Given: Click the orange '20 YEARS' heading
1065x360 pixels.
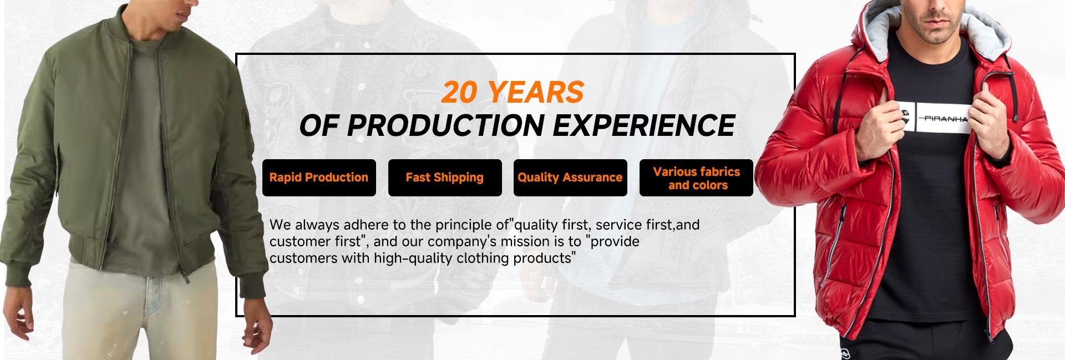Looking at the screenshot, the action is pos(513,92).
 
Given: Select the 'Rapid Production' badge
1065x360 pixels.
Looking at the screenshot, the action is pos(319,178).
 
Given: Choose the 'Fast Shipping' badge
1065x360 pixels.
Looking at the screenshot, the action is pos(445,178).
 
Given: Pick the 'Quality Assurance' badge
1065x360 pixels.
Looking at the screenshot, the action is pos(570,178).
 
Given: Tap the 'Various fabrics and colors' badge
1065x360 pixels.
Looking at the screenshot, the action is pos(696,178).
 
